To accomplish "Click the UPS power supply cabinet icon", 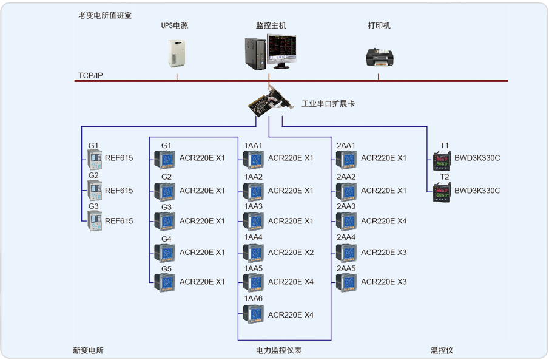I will pyautogui.click(x=177, y=54).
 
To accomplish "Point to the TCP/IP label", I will pyautogui.click(x=90, y=76).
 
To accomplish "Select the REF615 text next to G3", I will pyautogui.click(x=119, y=221).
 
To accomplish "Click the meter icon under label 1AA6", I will pyautogui.click(x=254, y=314).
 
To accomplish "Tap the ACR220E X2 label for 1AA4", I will pyautogui.click(x=291, y=252).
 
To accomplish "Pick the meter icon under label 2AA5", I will pyautogui.click(x=347, y=282).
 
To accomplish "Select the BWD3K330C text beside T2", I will pyautogui.click(x=477, y=191).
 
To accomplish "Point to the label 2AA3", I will pyautogui.click(x=346, y=206).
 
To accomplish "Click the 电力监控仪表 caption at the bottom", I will pyautogui.click(x=279, y=350).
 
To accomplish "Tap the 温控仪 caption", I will pyautogui.click(x=442, y=350).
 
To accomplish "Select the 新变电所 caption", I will pyautogui.click(x=89, y=350).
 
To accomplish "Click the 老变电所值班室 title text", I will pyautogui.click(x=105, y=14).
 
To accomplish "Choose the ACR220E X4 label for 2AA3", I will pyautogui.click(x=384, y=221).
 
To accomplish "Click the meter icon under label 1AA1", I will pyautogui.click(x=254, y=159).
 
